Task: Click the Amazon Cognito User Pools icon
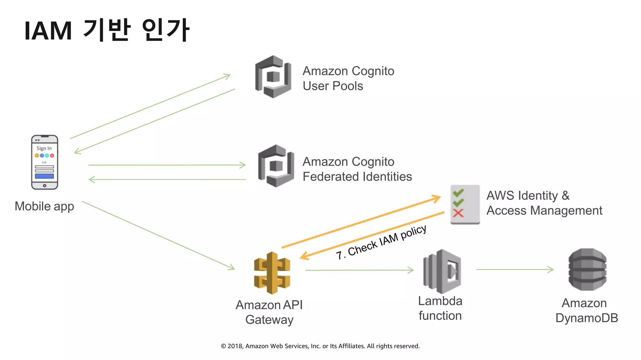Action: click(x=273, y=77)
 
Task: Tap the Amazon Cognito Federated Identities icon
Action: click(x=276, y=166)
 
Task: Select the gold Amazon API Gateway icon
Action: click(x=272, y=273)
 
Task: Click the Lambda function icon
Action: click(x=442, y=271)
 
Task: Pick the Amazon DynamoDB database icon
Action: click(x=587, y=269)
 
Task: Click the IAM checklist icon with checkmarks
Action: click(x=465, y=204)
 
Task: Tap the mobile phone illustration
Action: click(x=44, y=162)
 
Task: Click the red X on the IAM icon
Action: click(x=458, y=213)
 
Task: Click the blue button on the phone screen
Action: click(x=44, y=176)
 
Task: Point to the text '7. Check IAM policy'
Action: click(x=381, y=242)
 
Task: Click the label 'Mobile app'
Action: click(x=44, y=206)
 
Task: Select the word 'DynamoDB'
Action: click(x=587, y=318)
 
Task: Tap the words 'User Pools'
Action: click(x=333, y=86)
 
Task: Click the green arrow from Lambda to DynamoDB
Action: click(x=515, y=269)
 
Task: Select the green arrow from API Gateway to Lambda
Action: click(x=359, y=270)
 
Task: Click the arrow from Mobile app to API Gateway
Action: click(x=158, y=235)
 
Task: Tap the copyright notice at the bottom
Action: click(x=320, y=346)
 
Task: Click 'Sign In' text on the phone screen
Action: click(x=44, y=148)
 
